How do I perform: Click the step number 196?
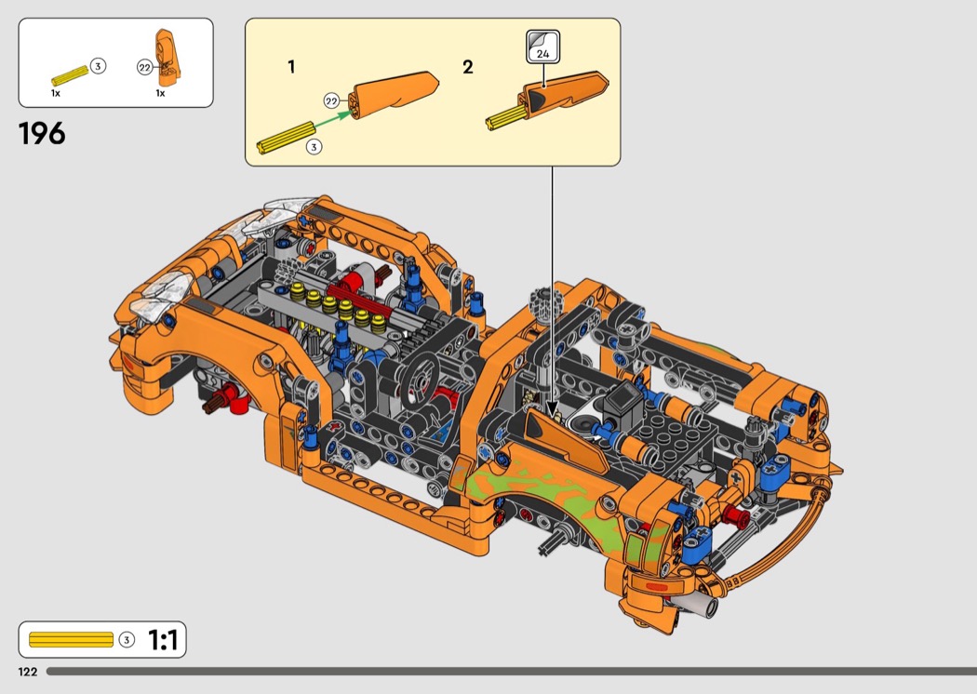(42, 134)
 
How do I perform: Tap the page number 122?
(27, 672)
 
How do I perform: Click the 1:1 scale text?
(163, 640)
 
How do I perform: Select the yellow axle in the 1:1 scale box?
(71, 640)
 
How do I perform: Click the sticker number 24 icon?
(542, 47)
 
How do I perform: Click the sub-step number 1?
(291, 67)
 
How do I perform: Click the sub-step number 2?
(467, 67)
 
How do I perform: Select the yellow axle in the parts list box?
(71, 75)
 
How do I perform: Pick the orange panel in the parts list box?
(167, 58)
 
